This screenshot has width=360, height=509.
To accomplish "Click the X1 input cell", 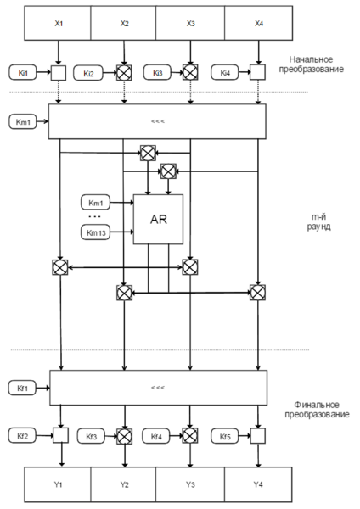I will pyautogui.click(x=58, y=24).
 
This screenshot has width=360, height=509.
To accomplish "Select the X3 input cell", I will pyautogui.click(x=190, y=24).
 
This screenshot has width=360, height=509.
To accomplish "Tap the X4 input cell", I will pyautogui.click(x=258, y=24).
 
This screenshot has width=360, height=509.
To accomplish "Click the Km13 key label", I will pyautogui.click(x=95, y=232).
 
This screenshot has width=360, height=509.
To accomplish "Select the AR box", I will pyautogui.click(x=158, y=218).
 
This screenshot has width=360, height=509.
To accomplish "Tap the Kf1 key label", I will pyautogui.click(x=23, y=388).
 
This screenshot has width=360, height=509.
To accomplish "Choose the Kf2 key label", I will pyautogui.click(x=23, y=437).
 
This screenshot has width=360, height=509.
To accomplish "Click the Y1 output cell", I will pyautogui.click(x=58, y=484).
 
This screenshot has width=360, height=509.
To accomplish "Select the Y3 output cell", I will pyautogui.click(x=190, y=484).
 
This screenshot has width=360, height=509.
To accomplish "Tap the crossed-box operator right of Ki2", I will pyautogui.click(x=124, y=73).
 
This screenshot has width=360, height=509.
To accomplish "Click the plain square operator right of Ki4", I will pyautogui.click(x=258, y=73).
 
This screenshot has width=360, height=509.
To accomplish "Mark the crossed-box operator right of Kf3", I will pyautogui.click(x=124, y=437).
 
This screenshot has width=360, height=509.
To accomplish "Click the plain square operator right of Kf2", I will pyautogui.click(x=59, y=437).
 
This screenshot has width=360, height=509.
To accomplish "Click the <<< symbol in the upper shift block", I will pyautogui.click(x=157, y=121).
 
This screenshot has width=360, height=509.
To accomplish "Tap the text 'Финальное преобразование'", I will pyautogui.click(x=318, y=411).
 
